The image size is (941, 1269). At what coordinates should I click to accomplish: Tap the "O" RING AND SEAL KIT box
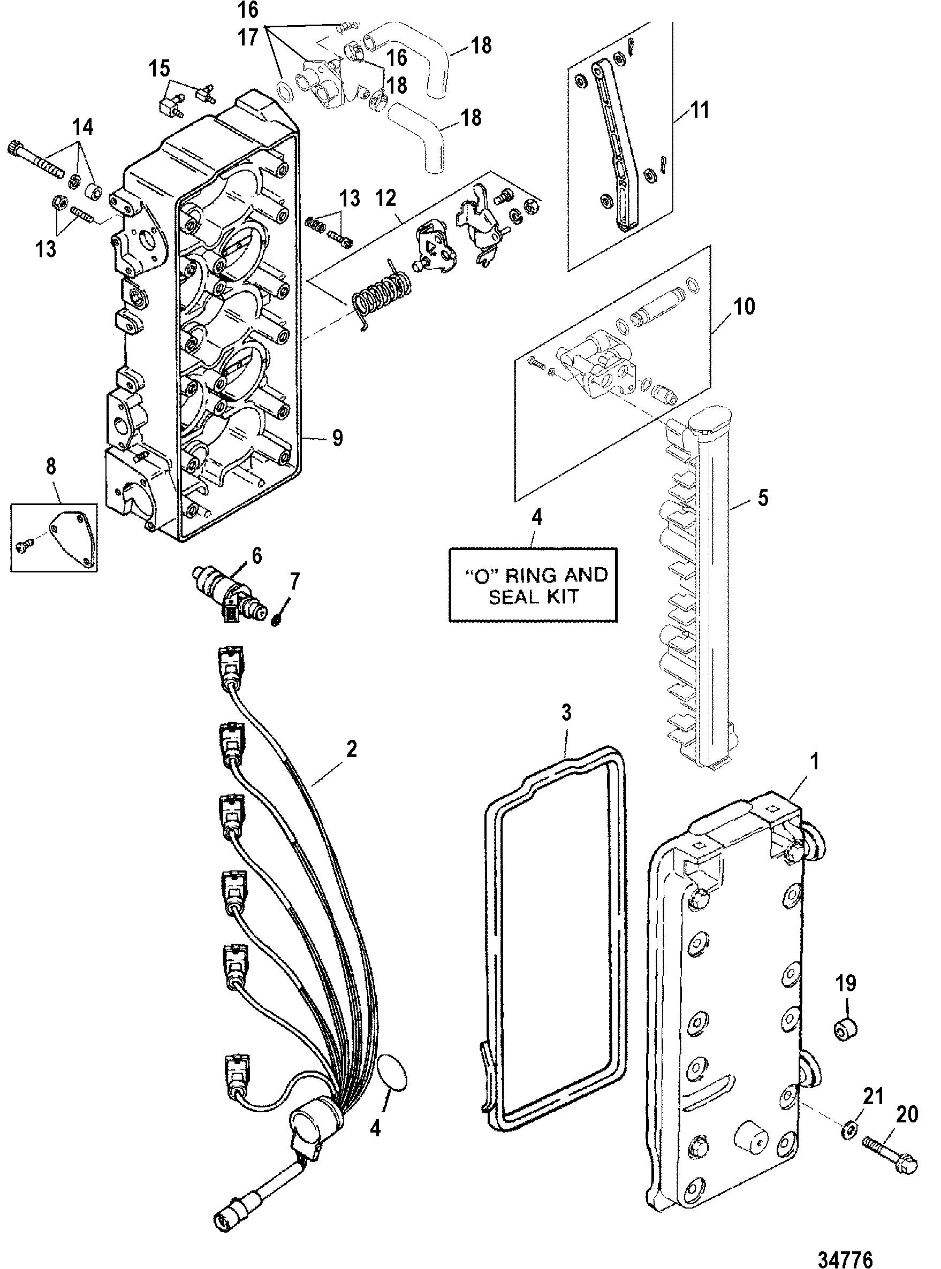coord(533,585)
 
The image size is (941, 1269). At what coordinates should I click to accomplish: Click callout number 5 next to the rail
coord(763,498)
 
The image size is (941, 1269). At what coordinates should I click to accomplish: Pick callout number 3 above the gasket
coord(566,713)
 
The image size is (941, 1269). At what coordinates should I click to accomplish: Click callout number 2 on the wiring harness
coord(352,749)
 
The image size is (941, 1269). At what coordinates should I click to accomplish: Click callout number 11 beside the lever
coord(700,109)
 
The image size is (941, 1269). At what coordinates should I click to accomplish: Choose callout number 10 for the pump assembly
coord(745,307)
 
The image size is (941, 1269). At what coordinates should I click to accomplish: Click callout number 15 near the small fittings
coord(160,69)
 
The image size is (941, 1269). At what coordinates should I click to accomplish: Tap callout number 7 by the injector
coord(294,583)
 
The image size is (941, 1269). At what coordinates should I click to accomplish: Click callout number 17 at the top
coord(247,38)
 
